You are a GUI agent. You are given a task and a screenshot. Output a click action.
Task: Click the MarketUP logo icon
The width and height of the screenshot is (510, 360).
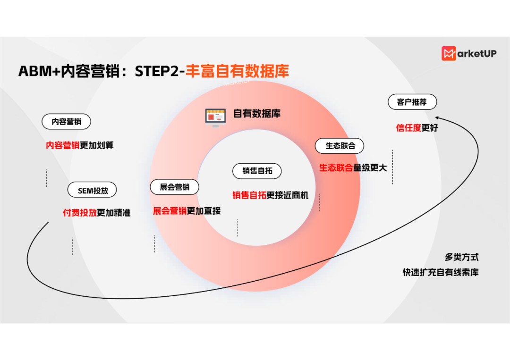pos(449,54)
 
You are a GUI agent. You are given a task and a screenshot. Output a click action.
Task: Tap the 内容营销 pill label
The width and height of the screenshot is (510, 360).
pos(66,122)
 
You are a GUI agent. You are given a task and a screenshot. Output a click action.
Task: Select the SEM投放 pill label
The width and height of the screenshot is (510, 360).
pos(93,191)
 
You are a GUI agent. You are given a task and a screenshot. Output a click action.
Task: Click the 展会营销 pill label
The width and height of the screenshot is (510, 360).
pos(174,187)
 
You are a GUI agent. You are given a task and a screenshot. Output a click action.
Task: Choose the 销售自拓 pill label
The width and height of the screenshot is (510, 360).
pos(257,171)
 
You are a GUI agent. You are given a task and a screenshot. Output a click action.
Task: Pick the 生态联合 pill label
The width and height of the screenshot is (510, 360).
pos(340,146)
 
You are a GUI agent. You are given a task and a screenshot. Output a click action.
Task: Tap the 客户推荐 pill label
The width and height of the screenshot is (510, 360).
pos(412,102)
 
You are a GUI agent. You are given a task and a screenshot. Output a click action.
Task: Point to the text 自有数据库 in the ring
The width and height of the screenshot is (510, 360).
pos(257,114)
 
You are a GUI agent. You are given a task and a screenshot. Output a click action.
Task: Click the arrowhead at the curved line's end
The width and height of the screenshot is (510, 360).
pos(437,118)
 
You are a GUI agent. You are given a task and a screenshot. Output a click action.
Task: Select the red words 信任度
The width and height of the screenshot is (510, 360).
pos(408,128)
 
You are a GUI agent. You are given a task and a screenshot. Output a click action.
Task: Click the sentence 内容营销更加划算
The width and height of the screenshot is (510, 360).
pos(79,145)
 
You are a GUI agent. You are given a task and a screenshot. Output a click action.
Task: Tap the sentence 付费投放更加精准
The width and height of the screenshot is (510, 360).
pos(97,213)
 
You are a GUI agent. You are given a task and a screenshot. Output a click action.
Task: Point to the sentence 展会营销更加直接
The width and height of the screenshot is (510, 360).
pos(187,211)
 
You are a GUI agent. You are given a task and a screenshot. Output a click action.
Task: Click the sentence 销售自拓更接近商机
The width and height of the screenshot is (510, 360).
pos(270,195)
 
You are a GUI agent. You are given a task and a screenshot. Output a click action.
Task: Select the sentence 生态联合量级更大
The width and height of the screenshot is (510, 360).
pos(353,167)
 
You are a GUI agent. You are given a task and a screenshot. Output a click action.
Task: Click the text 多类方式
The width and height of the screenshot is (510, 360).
pos(461,257)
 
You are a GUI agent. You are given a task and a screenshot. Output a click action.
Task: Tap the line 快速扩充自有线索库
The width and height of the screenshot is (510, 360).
pos(440,272)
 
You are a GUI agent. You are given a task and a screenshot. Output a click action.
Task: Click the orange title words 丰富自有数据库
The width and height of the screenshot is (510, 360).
pos(237,71)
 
